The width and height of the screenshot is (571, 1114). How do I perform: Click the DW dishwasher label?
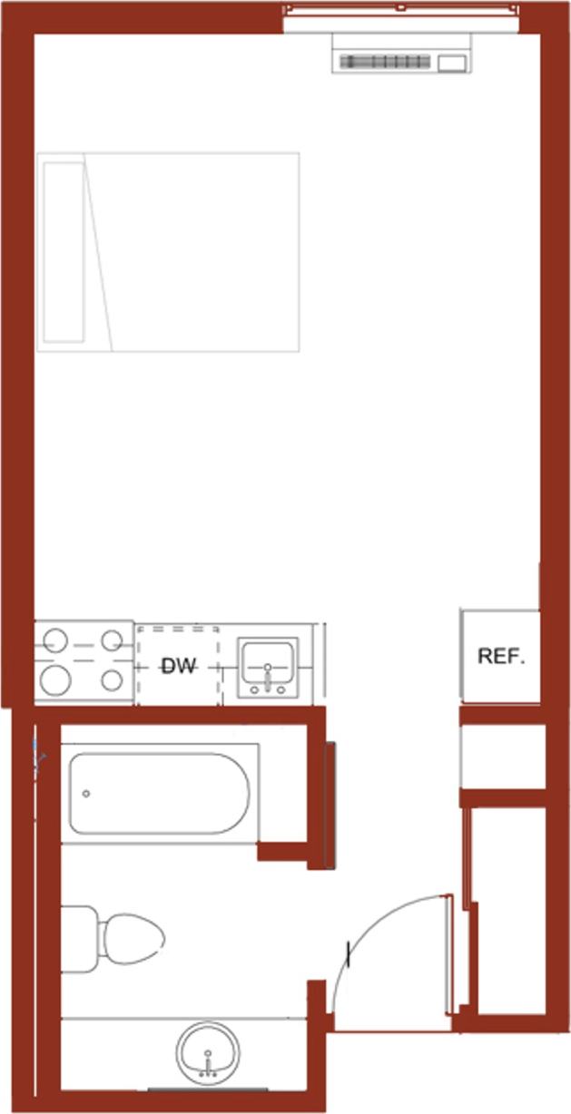pyautogui.click(x=179, y=667)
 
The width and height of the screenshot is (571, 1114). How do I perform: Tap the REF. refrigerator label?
pyautogui.click(x=501, y=656)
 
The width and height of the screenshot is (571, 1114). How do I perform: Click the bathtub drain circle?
pyautogui.click(x=86, y=794)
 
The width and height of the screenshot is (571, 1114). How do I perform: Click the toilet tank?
pyautogui.click(x=79, y=939)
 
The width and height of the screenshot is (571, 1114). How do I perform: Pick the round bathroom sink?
pyautogui.click(x=208, y=1052)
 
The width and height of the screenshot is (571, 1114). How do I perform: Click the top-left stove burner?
pyautogui.click(x=55, y=641)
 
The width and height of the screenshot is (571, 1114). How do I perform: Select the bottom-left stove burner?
pyautogui.click(x=56, y=679)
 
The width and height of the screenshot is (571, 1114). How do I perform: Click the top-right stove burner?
pyautogui.click(x=112, y=641)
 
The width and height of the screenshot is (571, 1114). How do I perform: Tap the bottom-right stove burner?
pyautogui.click(x=112, y=679)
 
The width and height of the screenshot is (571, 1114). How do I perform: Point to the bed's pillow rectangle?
pyautogui.click(x=64, y=251)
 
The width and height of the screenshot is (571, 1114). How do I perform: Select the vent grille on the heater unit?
pyautogui.click(x=385, y=62)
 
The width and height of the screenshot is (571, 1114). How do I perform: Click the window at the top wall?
pyautogui.click(x=400, y=8)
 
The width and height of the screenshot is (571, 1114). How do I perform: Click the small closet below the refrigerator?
pyautogui.click(x=501, y=757)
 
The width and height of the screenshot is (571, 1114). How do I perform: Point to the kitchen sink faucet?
pyautogui.click(x=268, y=676)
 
